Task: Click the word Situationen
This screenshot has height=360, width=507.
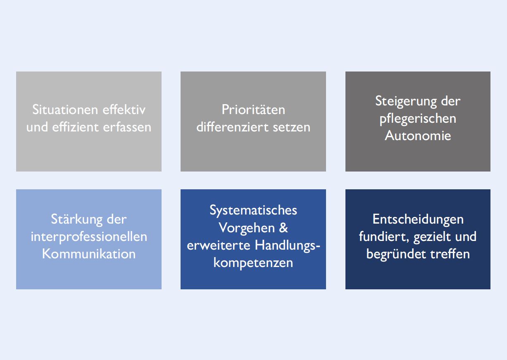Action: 65,110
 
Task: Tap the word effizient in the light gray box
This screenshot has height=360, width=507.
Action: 75,127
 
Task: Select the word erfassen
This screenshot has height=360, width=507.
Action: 127,127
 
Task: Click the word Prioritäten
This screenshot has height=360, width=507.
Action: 253,110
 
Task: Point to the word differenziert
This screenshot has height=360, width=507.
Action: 232,127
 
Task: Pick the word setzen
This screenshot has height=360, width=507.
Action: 292,127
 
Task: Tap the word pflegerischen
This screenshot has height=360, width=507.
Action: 418,119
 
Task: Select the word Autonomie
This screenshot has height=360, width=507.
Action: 418,136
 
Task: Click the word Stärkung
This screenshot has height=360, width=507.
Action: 76,219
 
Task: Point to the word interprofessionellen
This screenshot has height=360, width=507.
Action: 89,237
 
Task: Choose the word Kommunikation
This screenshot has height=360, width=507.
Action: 89,254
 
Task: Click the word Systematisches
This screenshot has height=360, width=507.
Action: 253,210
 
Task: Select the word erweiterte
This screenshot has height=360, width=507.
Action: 219,246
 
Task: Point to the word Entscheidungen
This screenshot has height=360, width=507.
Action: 418,219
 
